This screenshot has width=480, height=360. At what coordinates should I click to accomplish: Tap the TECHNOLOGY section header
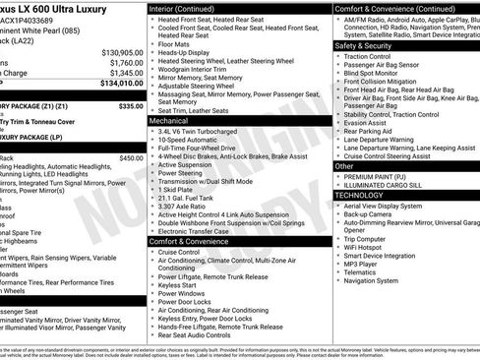tap(366, 195)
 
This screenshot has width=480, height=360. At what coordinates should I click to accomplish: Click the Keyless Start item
tap(180, 284)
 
